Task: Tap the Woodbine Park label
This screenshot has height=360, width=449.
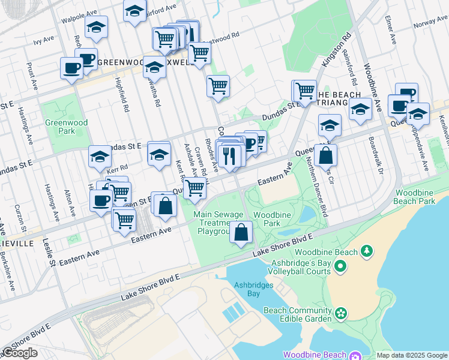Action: [x=267, y=219]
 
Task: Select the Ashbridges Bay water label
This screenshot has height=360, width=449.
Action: [x=247, y=289]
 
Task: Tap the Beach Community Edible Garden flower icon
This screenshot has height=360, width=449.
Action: [x=341, y=313]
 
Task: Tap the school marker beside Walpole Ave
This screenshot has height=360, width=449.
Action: [x=96, y=28]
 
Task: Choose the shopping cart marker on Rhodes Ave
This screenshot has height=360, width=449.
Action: [x=218, y=85]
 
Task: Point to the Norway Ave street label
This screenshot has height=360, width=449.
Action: [x=430, y=22]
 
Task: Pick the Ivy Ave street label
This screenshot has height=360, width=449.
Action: [x=43, y=41]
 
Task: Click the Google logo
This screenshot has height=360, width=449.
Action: [x=20, y=353]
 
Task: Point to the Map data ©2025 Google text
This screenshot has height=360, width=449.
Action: [x=411, y=355]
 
